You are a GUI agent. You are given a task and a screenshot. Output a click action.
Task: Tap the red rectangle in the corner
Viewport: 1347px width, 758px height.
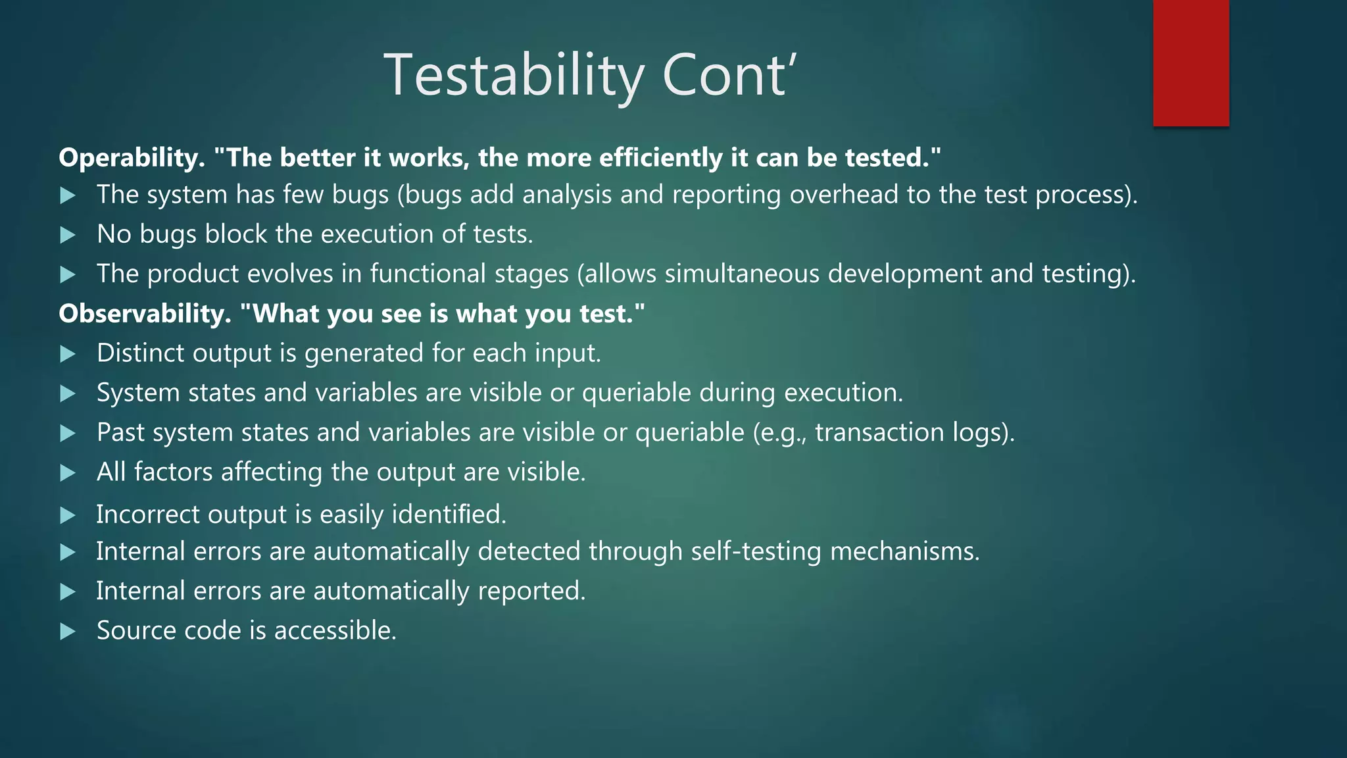click(1190, 63)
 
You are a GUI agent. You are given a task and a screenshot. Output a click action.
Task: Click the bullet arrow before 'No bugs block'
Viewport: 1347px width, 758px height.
click(68, 235)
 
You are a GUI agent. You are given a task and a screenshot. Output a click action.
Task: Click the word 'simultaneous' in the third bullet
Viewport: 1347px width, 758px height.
click(742, 274)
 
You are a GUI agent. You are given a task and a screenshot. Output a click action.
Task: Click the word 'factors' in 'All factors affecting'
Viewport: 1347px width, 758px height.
click(173, 472)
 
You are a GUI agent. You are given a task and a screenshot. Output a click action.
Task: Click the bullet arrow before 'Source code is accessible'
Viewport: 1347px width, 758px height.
click(68, 632)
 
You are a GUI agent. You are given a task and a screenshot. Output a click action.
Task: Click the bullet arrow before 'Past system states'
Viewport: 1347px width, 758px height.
click(68, 433)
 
